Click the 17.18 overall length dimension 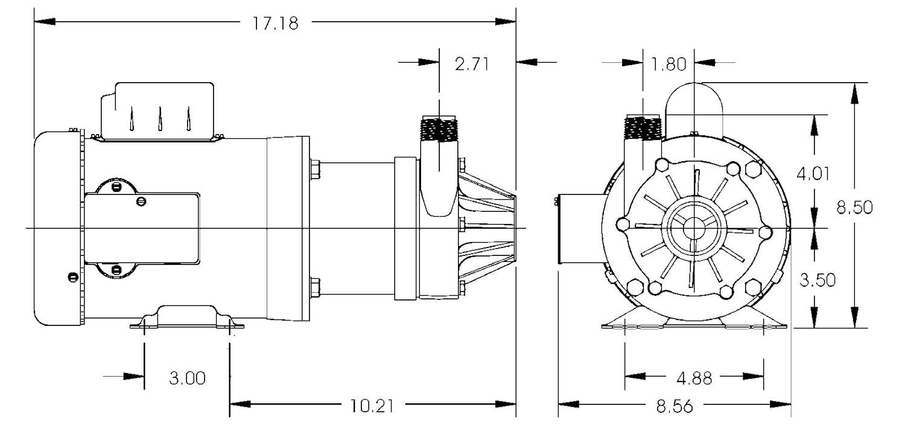point(276,23)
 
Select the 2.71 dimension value point(472,64)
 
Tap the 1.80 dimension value point(668,64)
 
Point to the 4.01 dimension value point(813,174)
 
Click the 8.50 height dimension point(854,207)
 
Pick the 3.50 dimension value point(818,280)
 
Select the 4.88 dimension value point(694,378)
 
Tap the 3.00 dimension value point(187,378)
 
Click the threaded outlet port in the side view point(439,129)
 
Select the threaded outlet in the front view point(643,128)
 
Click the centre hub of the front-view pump point(694,229)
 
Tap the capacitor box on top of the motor point(157,112)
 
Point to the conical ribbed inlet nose point(487,229)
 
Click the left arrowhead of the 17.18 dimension point(45,21)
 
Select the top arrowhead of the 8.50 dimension point(854,92)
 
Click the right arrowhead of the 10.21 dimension point(506,404)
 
